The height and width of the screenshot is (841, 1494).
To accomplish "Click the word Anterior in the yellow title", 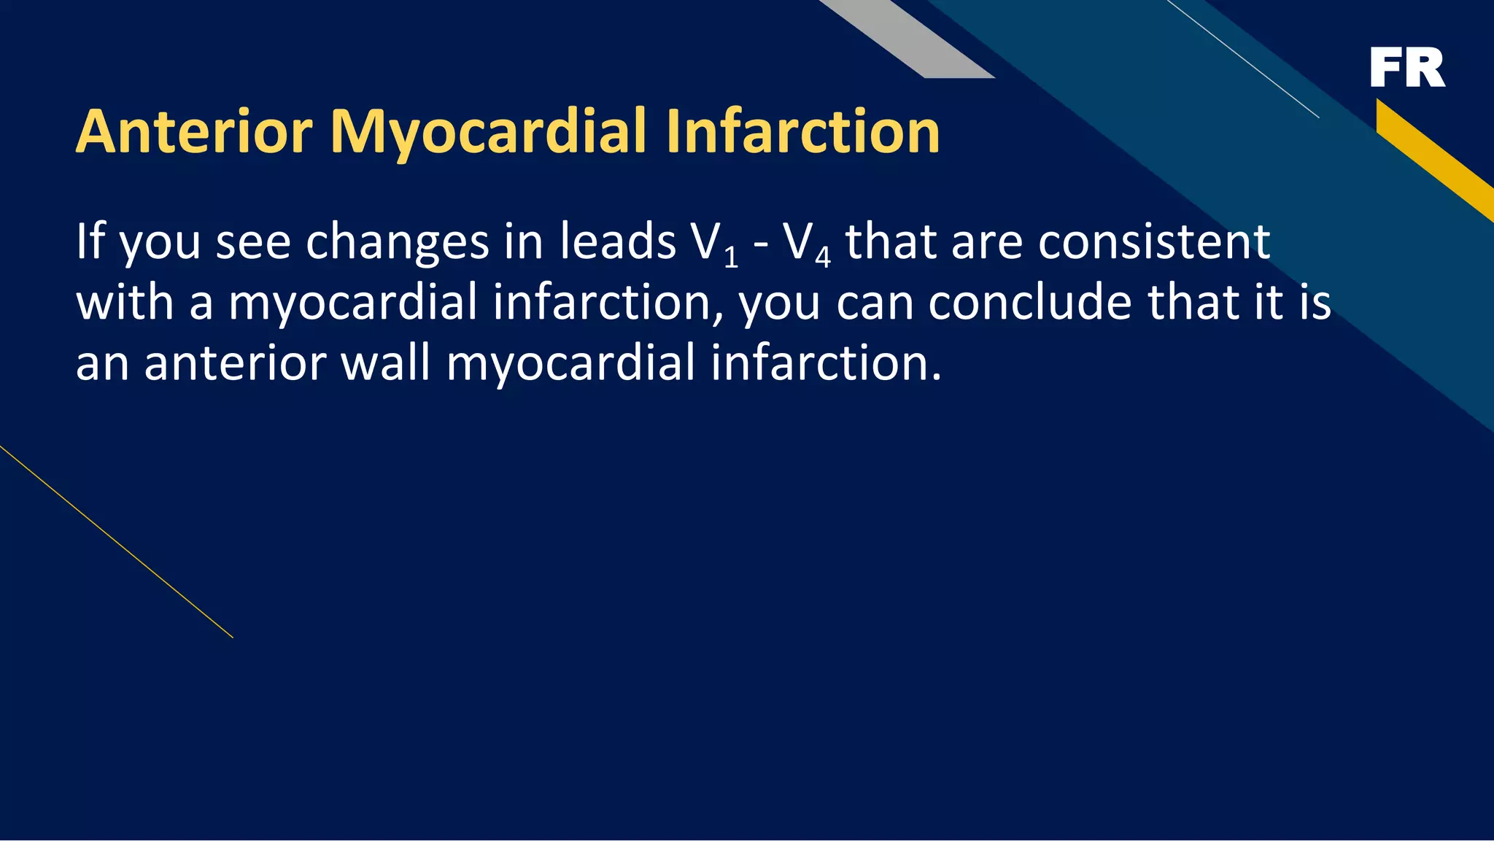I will [194, 132].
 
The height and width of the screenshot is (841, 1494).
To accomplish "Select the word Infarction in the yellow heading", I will [802, 132].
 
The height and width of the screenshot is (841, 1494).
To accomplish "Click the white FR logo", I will [1407, 68].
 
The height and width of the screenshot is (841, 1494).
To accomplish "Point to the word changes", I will [398, 243].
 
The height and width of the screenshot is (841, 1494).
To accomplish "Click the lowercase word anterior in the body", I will [234, 363].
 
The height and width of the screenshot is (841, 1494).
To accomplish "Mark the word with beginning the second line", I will [125, 302].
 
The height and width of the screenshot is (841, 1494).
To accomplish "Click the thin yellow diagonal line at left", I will [117, 542].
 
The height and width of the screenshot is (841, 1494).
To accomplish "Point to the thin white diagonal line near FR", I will [1244, 58].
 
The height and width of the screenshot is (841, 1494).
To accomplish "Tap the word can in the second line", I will [875, 303].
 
